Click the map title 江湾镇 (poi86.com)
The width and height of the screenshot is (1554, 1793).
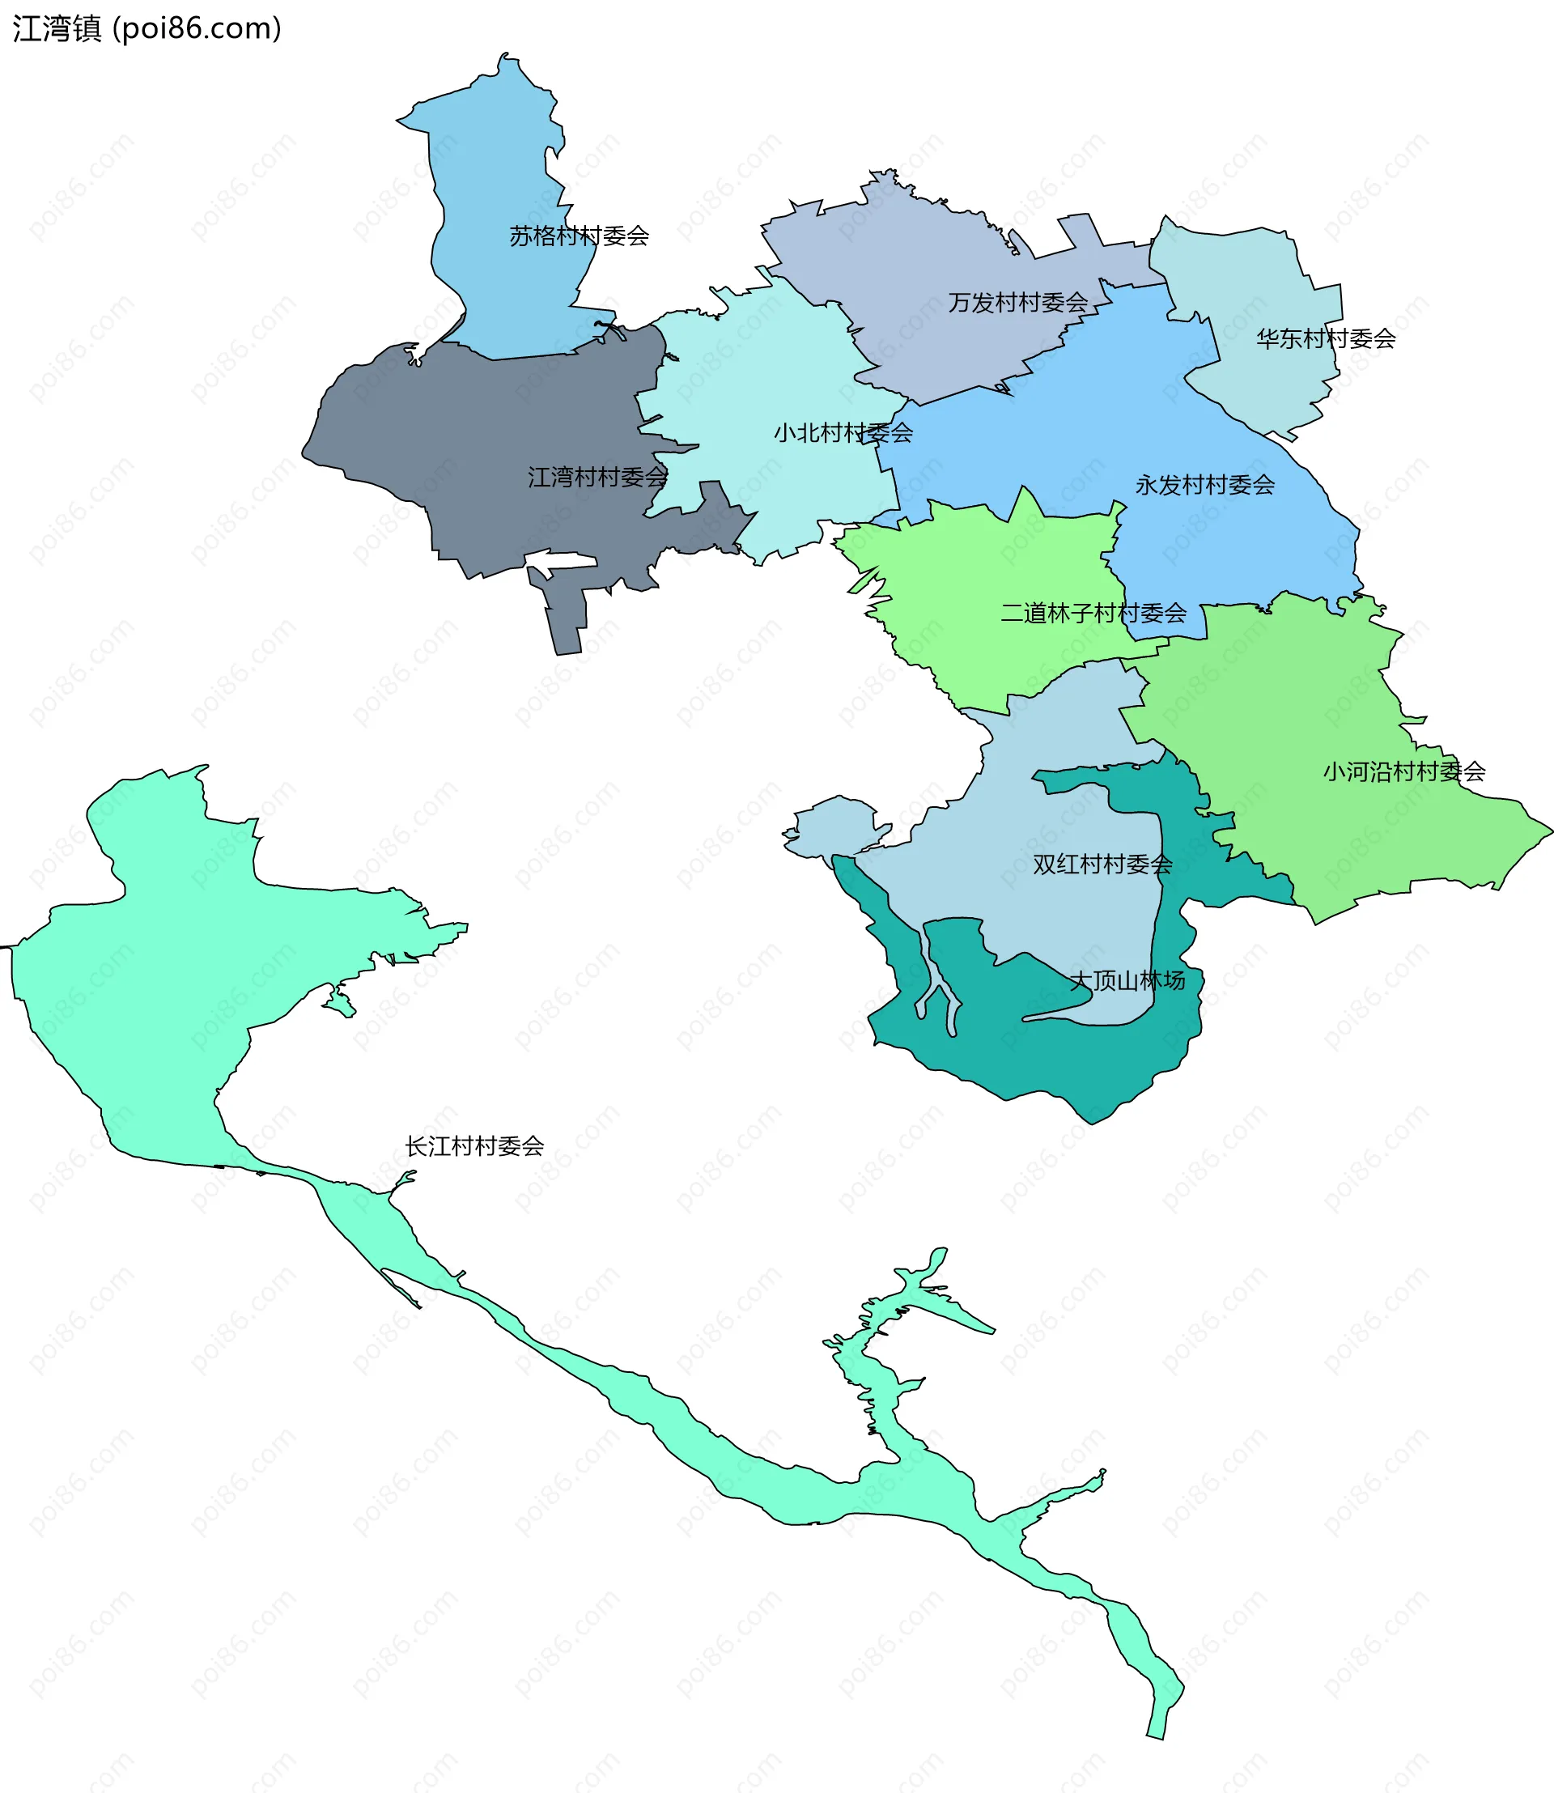pos(146,28)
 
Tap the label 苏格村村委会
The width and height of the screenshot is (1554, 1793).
pos(579,236)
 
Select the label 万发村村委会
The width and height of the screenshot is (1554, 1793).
pos(1017,303)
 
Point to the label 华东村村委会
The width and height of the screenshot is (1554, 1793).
pos(1325,339)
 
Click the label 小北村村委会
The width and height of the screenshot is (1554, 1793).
pos(843,433)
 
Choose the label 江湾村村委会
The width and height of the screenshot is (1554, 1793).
pos(597,477)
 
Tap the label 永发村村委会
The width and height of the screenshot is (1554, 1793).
pos(1204,485)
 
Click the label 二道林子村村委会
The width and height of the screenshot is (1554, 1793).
pos(1093,614)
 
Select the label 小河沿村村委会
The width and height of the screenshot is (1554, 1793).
pos(1403,771)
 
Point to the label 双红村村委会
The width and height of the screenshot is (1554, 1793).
pos(1102,864)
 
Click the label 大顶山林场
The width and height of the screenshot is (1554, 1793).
pos(1127,980)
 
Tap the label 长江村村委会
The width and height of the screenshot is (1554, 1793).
pos(474,1146)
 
